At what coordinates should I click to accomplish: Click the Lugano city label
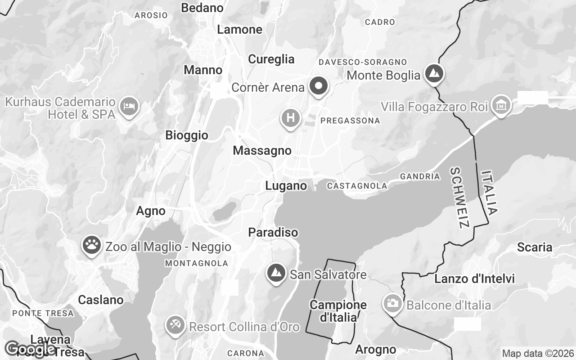(x=286, y=186)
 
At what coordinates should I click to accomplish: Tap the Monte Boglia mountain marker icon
(x=434, y=73)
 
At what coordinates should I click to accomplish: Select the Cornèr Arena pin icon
(x=319, y=85)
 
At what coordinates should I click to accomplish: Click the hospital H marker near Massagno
(x=290, y=118)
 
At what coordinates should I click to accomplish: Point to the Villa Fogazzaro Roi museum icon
(x=501, y=105)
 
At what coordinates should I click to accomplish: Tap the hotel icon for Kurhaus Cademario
(x=130, y=106)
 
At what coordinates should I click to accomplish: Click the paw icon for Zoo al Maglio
(x=92, y=245)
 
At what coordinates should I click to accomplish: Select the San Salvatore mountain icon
(x=276, y=273)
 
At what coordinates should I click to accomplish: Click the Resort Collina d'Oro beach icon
(x=175, y=325)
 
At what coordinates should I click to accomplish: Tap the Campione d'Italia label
(x=338, y=311)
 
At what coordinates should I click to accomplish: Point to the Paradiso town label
(x=273, y=233)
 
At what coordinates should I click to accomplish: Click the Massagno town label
(x=262, y=151)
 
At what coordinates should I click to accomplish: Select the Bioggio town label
(x=187, y=135)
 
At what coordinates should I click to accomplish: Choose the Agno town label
(x=151, y=211)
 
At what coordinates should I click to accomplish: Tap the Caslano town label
(x=101, y=300)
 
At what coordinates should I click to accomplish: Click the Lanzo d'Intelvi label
(x=474, y=279)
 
